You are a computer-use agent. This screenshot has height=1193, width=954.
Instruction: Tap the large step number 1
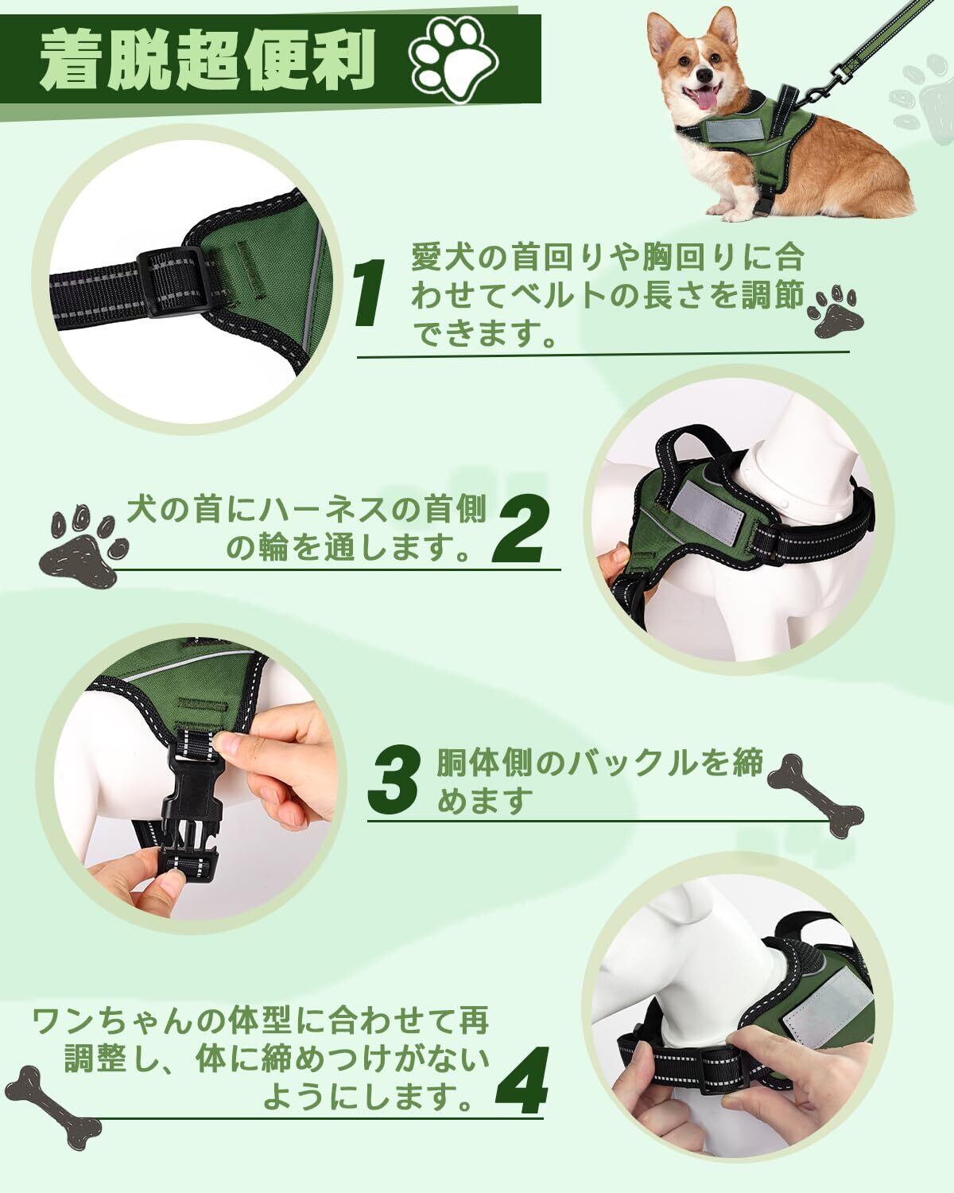371,292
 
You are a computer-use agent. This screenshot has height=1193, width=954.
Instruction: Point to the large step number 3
394,780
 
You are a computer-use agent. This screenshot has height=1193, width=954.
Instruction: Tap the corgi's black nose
704,73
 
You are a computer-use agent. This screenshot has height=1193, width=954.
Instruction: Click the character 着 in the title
73,60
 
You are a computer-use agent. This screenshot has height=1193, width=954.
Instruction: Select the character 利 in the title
343,60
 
